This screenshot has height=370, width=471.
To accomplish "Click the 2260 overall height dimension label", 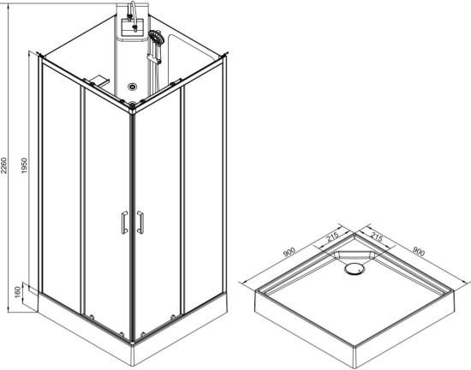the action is point(3,165).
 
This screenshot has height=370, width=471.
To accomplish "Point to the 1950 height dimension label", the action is point(25,165).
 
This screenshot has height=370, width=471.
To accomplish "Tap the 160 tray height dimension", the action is point(18,292).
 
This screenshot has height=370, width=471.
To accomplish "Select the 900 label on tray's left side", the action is point(289,252).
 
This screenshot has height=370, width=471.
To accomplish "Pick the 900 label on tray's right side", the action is point(419,251).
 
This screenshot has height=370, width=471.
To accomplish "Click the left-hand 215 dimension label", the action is point(332,237).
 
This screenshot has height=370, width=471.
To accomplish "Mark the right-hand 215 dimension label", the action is point(377,236).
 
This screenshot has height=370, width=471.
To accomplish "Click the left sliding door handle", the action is point(124,222).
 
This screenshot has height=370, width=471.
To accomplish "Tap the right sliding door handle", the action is point(140,222).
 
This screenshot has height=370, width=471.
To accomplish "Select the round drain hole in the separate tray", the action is point(355,268).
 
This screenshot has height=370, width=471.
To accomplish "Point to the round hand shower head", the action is point(155,37).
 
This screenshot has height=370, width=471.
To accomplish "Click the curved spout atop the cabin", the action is point(132,9).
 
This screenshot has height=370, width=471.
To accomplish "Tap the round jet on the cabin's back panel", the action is point(132,87).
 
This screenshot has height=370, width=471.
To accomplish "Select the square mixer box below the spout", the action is point(133,26).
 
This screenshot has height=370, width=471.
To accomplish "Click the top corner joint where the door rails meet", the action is point(132,105).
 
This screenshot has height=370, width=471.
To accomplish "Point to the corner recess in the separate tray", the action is point(355,255).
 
